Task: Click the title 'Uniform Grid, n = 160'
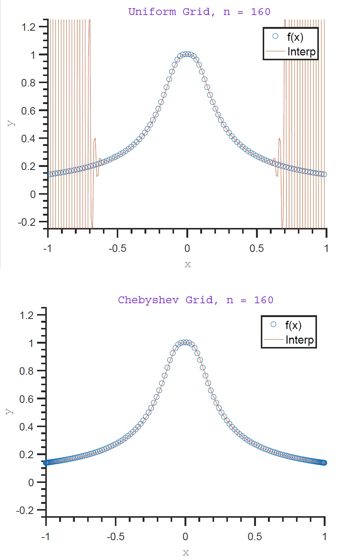click(x=199, y=12)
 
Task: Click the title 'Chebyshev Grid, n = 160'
click(x=195, y=300)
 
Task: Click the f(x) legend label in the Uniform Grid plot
click(x=295, y=37)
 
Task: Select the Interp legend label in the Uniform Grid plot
click(x=301, y=52)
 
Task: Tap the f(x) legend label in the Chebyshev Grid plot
click(x=293, y=325)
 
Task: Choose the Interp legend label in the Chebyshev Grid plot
click(x=299, y=340)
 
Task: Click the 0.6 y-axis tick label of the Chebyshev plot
click(x=26, y=399)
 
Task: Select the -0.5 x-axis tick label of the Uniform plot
click(x=117, y=249)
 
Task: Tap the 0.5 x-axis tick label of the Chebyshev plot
click(x=254, y=537)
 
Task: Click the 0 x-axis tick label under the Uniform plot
click(x=187, y=249)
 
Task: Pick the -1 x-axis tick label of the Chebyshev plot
click(x=45, y=537)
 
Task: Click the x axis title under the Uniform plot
click(x=187, y=265)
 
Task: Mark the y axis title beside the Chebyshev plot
click(x=9, y=411)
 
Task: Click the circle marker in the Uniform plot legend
click(x=275, y=36)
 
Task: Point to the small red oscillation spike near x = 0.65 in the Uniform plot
click(x=279, y=140)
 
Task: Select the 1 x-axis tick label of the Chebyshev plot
click(x=324, y=537)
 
